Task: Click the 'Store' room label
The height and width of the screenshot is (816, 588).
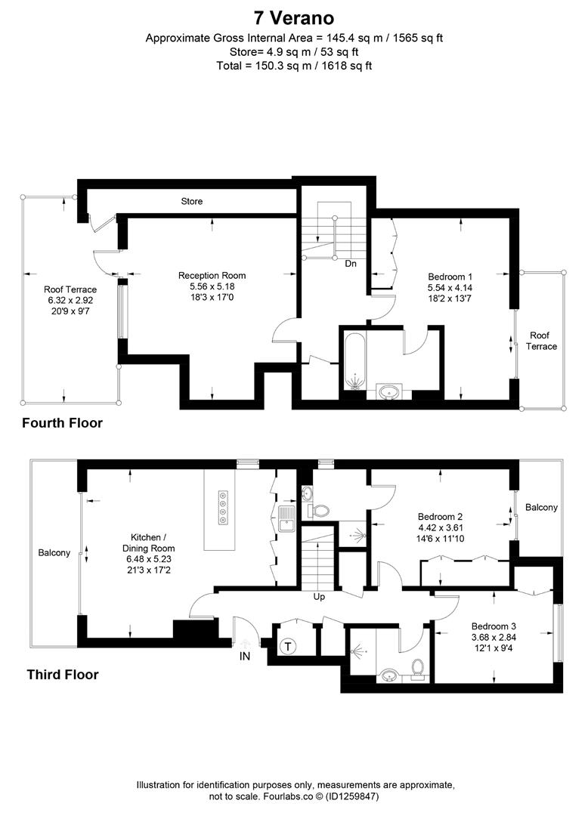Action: (191, 202)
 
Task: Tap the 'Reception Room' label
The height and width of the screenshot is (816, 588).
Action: (212, 276)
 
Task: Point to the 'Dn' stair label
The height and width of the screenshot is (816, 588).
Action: (351, 264)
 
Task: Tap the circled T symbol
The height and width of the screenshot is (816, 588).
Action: (287, 646)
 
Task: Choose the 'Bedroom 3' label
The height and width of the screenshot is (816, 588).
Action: (494, 626)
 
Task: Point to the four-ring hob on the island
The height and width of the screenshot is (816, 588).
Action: (224, 507)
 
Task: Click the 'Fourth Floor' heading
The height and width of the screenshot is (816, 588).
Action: (62, 423)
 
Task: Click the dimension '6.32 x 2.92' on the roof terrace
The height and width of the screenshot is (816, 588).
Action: (70, 300)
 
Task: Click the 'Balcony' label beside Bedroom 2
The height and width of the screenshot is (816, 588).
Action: (541, 508)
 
